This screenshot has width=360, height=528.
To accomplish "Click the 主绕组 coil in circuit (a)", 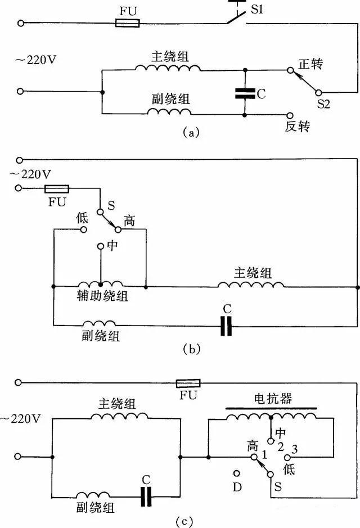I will tap(167, 69).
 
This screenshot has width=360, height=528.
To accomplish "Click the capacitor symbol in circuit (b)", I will tap(226, 325).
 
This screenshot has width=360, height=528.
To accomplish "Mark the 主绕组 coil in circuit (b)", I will tap(251, 286).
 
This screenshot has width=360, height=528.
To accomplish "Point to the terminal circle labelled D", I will tap(237, 474).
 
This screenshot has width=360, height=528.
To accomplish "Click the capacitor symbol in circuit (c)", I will tap(147, 497).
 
